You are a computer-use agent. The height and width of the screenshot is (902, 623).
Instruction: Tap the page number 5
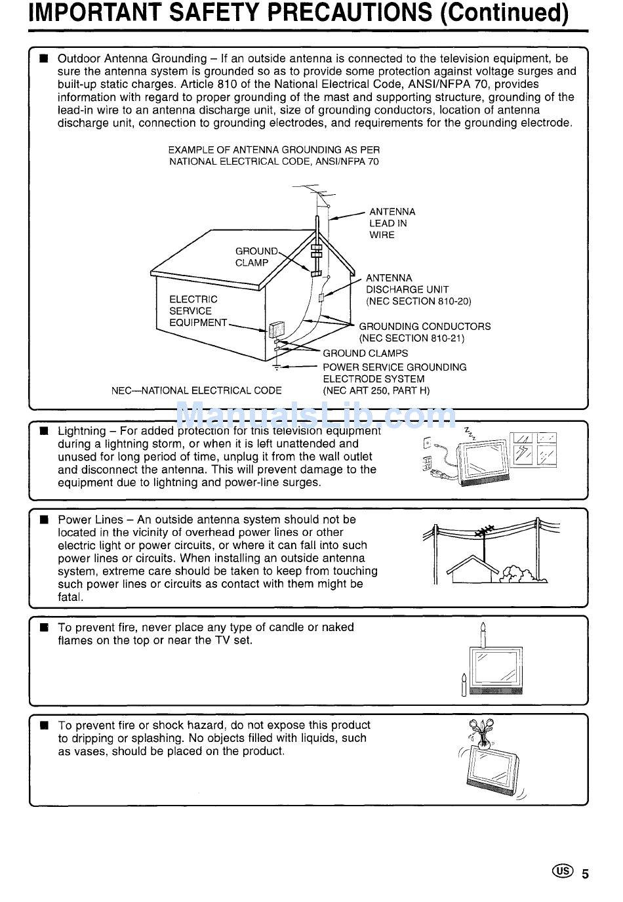pos(586,874)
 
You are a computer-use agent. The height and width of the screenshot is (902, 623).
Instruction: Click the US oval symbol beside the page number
pos(563,871)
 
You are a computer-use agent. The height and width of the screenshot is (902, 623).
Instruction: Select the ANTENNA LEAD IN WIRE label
pos(392,223)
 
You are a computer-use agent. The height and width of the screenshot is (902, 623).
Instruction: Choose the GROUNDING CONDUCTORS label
pos(424,332)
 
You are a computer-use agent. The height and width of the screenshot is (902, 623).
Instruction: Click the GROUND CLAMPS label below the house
pos(365,353)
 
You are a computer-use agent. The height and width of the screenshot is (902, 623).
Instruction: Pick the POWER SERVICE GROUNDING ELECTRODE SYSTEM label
pos(393,379)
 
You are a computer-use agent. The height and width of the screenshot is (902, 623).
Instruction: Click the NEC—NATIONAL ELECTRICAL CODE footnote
pos(196,390)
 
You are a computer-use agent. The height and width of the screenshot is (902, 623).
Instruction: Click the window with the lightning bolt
pos(524,451)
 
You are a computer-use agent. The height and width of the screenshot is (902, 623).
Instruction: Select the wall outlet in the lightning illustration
pos(428,443)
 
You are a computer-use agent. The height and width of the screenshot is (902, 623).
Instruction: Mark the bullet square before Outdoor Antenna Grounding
pos(44,58)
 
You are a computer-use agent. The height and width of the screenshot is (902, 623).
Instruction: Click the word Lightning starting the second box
pos(81,431)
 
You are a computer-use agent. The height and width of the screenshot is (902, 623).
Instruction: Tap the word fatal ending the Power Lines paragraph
pos(70,597)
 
